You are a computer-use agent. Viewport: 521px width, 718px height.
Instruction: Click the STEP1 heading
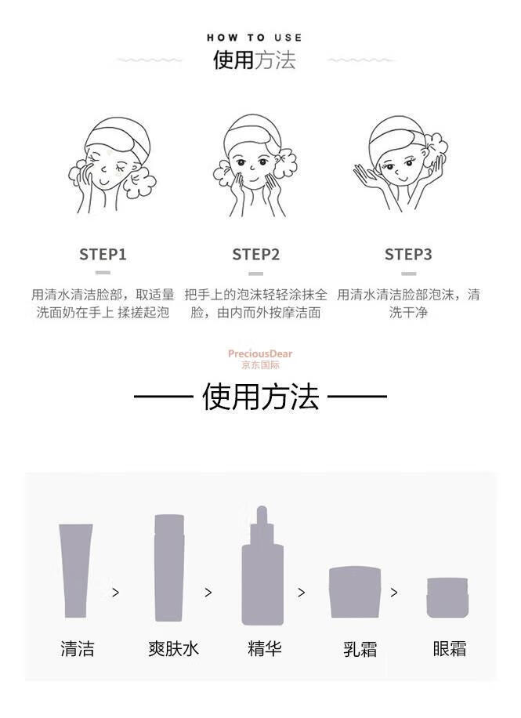[x=103, y=254]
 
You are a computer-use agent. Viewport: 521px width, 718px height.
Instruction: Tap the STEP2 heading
[x=255, y=254]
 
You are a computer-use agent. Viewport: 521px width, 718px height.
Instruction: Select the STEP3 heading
[x=408, y=254]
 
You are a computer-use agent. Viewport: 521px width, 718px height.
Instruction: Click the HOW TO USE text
[x=254, y=38]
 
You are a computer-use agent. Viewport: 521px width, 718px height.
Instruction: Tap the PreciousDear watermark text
[x=260, y=354]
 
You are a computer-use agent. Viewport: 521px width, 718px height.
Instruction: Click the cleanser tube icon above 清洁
[x=75, y=571]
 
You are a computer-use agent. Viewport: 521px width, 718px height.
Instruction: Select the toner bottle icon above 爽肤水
[x=169, y=568]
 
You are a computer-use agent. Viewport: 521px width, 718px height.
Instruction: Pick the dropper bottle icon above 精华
[x=262, y=565]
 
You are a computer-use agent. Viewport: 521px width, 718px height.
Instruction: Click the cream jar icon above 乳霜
[x=355, y=592]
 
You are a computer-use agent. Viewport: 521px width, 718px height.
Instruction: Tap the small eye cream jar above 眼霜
[x=448, y=597]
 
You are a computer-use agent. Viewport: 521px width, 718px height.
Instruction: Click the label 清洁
[x=78, y=648]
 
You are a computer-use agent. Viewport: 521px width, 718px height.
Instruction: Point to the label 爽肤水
[x=173, y=648]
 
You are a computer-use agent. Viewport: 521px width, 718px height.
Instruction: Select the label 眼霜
[x=450, y=648]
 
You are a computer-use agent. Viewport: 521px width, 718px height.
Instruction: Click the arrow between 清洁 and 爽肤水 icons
[x=116, y=593]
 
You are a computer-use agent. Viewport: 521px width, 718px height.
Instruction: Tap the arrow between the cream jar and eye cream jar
[x=394, y=593]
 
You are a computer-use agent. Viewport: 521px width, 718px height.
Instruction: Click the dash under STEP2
[x=255, y=274]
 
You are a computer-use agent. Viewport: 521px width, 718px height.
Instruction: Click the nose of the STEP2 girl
[x=251, y=167]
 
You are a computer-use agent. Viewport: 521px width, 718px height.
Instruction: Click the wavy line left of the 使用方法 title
[x=149, y=60]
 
